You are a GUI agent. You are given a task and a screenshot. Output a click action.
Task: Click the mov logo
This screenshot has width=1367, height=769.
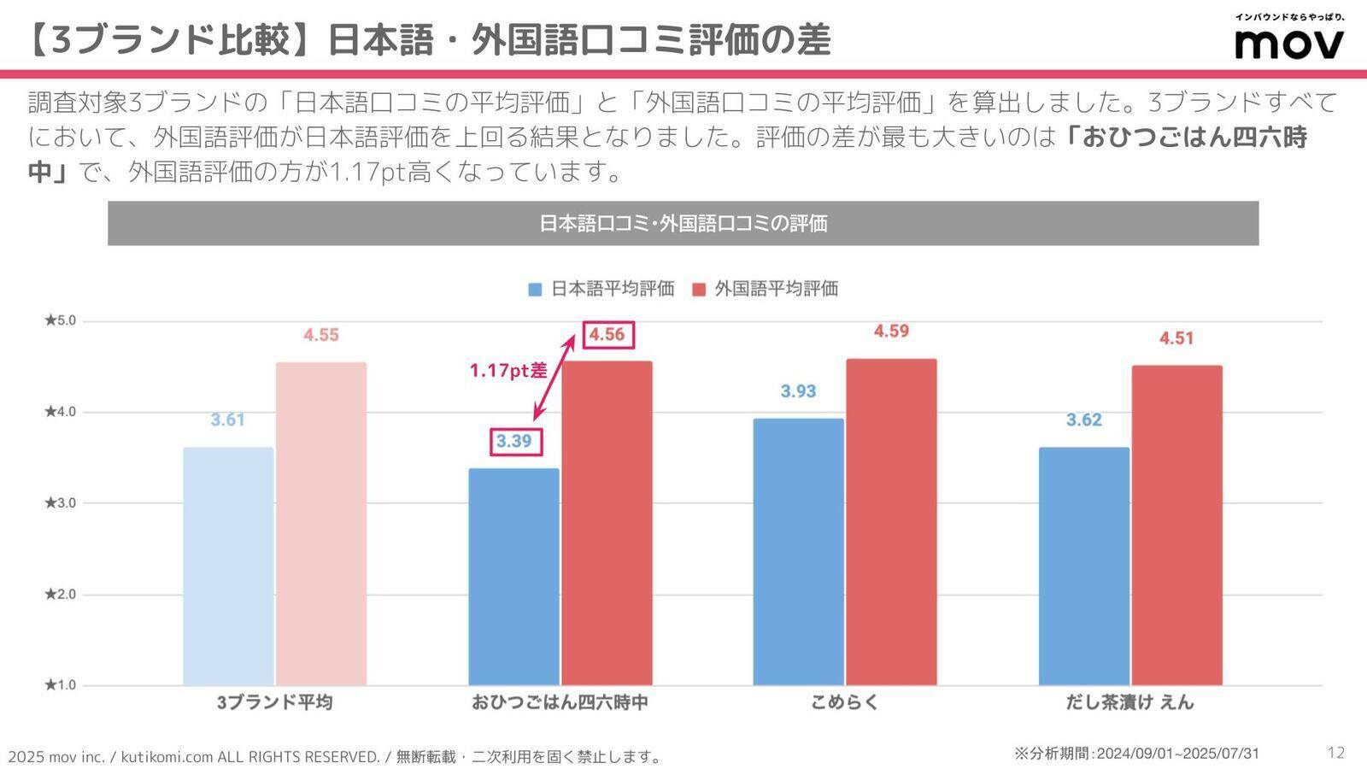tap(1289, 43)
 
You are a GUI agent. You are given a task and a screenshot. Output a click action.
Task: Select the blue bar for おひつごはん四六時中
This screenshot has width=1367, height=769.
tap(513, 577)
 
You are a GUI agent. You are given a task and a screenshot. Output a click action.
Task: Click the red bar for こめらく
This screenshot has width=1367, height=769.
tap(891, 521)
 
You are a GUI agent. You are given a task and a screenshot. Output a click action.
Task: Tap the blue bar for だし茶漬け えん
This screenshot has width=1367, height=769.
tap(1083, 566)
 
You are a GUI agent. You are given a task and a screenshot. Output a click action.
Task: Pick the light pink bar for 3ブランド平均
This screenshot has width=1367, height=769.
tap(321, 523)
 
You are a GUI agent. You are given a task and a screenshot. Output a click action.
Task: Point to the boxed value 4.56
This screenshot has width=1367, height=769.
tap(607, 334)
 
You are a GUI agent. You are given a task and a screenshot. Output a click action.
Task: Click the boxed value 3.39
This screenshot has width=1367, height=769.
tap(514, 441)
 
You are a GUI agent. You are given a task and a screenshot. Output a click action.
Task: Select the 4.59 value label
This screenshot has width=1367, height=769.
tap(891, 332)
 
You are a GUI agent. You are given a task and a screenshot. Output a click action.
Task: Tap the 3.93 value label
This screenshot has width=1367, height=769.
tap(798, 391)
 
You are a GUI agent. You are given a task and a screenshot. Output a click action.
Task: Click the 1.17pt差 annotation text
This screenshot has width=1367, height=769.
tap(508, 371)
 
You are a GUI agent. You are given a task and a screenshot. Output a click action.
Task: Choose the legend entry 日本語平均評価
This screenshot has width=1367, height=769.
tap(601, 289)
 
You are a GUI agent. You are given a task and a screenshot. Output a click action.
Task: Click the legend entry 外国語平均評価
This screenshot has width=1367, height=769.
tap(766, 289)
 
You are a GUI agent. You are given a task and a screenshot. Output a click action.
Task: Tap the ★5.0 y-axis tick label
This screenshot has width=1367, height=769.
tap(60, 320)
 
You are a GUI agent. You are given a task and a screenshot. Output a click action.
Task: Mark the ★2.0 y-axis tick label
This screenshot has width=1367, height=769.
tap(60, 594)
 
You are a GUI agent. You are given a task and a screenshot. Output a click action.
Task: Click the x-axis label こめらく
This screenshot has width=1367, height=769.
tap(844, 702)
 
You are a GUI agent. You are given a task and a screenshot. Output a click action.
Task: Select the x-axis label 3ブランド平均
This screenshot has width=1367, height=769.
tap(274, 702)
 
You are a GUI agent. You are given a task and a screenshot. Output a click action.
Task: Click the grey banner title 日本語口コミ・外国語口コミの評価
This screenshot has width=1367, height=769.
tap(683, 224)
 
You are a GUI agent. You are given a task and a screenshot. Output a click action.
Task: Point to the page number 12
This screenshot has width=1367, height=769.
tap(1336, 752)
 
